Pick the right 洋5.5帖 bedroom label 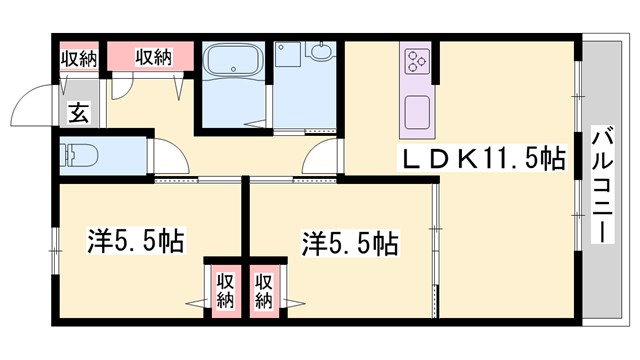[x=351, y=241]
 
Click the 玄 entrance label [x=78, y=112]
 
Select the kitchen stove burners [x=417, y=62]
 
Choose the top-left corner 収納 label [x=78, y=58]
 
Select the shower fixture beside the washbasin [x=284, y=51]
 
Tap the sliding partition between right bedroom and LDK [x=435, y=240]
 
